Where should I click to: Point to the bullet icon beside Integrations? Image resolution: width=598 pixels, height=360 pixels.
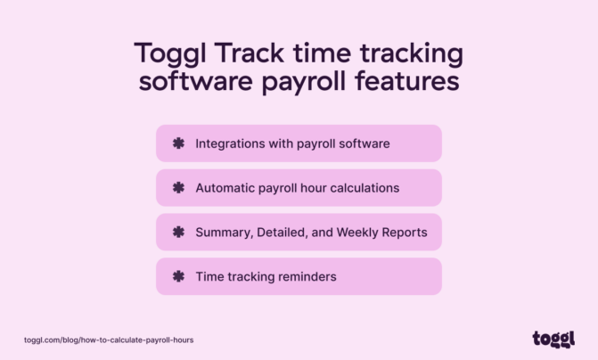pyautogui.click(x=177, y=143)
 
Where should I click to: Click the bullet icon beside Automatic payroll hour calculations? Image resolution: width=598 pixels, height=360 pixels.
pyautogui.click(x=177, y=187)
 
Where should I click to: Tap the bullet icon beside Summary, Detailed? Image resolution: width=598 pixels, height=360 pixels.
pyautogui.click(x=177, y=232)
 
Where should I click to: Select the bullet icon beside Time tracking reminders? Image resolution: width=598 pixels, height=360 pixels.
pyautogui.click(x=177, y=276)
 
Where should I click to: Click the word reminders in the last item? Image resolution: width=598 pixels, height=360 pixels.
pyautogui.click(x=306, y=276)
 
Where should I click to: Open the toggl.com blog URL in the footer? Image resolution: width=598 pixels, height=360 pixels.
pyautogui.click(x=109, y=340)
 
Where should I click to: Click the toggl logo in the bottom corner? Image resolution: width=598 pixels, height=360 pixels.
pyautogui.click(x=553, y=339)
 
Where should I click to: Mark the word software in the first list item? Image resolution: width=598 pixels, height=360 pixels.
pyautogui.click(x=365, y=143)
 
